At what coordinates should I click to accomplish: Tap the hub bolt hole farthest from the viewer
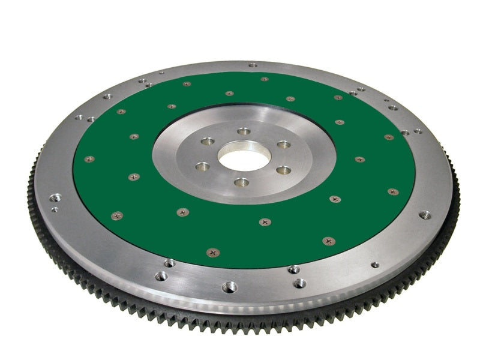[x=243, y=131]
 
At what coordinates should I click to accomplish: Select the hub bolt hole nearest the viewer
[x=241, y=181]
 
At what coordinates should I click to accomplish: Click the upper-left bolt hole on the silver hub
[x=208, y=142]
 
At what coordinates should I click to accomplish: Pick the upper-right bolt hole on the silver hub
[x=283, y=145]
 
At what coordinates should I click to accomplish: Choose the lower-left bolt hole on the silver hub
[x=203, y=166]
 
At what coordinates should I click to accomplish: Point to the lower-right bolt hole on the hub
[x=284, y=170]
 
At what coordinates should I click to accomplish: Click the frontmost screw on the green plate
[x=212, y=253]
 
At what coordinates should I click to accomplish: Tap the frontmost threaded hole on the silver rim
[x=229, y=287]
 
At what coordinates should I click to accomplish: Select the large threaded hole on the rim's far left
[x=56, y=197]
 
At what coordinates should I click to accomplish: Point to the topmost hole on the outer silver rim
[x=253, y=65]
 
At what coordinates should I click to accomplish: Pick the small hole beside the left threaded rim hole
[x=55, y=210]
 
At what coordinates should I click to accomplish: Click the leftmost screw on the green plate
[x=89, y=159]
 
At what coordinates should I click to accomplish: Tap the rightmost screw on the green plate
[x=393, y=192]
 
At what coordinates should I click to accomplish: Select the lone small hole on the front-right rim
[x=375, y=265]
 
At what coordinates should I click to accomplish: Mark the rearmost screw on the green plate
[x=264, y=79]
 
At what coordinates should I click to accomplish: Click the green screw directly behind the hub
[x=229, y=94]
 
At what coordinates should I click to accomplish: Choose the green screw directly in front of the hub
[x=265, y=221]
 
